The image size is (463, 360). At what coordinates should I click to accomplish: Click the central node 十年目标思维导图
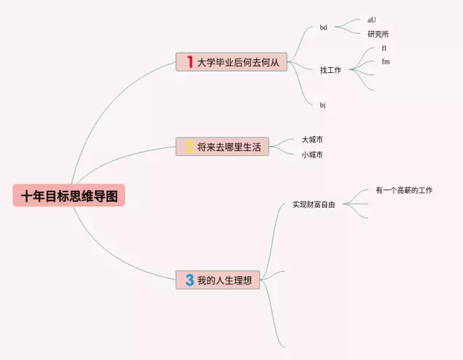click(x=69, y=195)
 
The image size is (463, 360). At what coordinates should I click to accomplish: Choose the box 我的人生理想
click(x=218, y=280)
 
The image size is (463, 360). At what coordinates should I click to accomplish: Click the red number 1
click(x=190, y=62)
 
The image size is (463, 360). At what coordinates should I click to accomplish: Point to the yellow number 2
click(x=190, y=147)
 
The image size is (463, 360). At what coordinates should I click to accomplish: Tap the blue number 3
click(x=190, y=280)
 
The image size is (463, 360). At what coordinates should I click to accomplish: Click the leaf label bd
click(x=323, y=27)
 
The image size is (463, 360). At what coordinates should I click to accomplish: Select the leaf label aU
click(x=372, y=20)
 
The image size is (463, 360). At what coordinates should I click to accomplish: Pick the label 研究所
click(x=378, y=34)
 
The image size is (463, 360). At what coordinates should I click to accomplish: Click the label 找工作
click(x=331, y=70)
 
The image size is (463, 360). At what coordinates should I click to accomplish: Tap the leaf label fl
click(x=384, y=48)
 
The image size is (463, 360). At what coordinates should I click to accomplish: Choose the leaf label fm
click(x=386, y=61)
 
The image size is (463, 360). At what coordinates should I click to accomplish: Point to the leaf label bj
click(x=323, y=105)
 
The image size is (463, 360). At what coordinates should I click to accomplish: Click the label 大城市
click(x=313, y=140)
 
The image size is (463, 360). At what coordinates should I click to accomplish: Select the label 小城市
click(x=313, y=155)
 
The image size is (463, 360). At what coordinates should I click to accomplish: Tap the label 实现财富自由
click(x=314, y=205)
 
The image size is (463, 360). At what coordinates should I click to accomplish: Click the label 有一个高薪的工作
click(x=404, y=190)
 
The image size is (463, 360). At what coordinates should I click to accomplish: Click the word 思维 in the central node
click(x=81, y=195)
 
